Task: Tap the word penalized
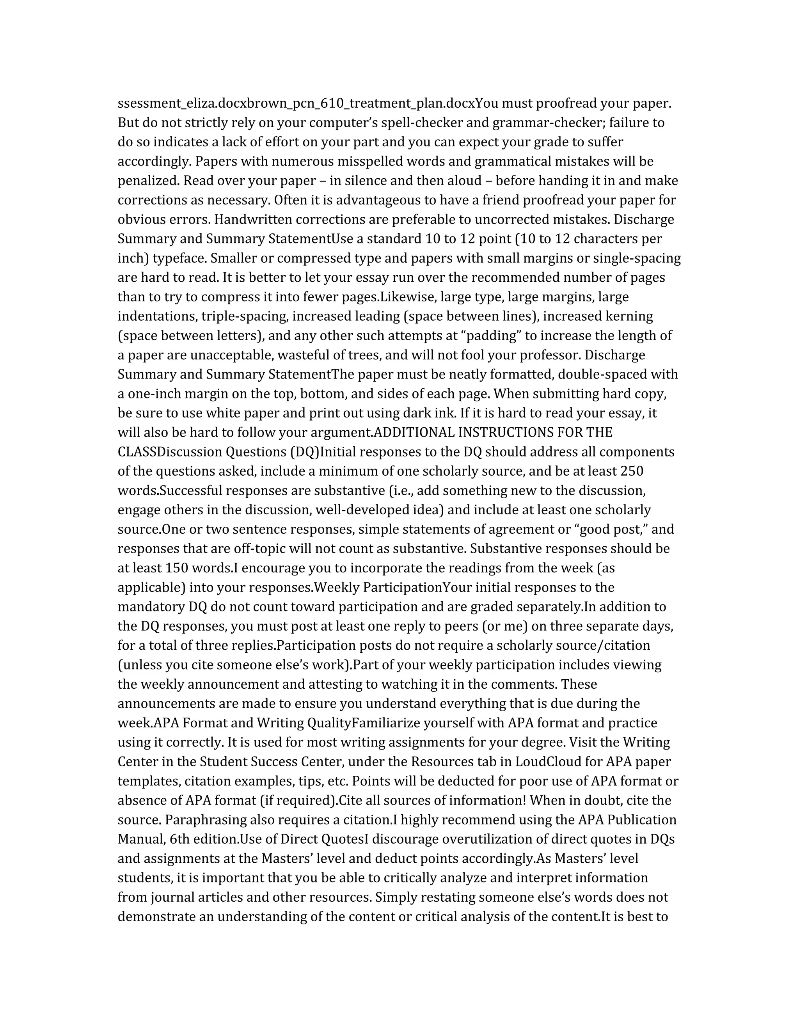[x=148, y=181]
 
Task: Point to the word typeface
[x=179, y=258]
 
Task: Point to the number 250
[x=630, y=472]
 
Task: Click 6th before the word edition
[x=179, y=839]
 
